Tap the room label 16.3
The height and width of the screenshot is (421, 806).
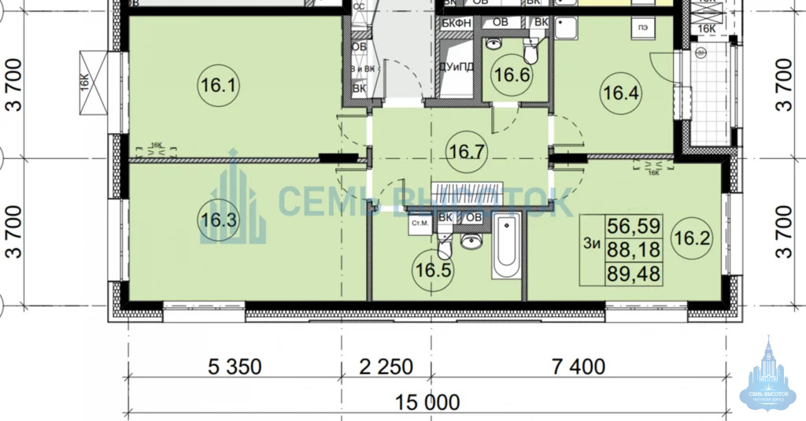pyautogui.click(x=218, y=220)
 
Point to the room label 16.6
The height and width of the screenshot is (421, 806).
pyautogui.click(x=511, y=76)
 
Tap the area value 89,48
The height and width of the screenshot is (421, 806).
pyautogui.click(x=634, y=274)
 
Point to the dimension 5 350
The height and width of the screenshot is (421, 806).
pyautogui.click(x=235, y=367)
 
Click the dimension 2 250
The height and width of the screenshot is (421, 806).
pyautogui.click(x=386, y=367)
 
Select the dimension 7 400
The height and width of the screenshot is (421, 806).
pyautogui.click(x=579, y=367)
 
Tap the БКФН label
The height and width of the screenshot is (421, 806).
pyautogui.click(x=456, y=22)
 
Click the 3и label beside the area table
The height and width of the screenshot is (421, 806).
pyautogui.click(x=593, y=245)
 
